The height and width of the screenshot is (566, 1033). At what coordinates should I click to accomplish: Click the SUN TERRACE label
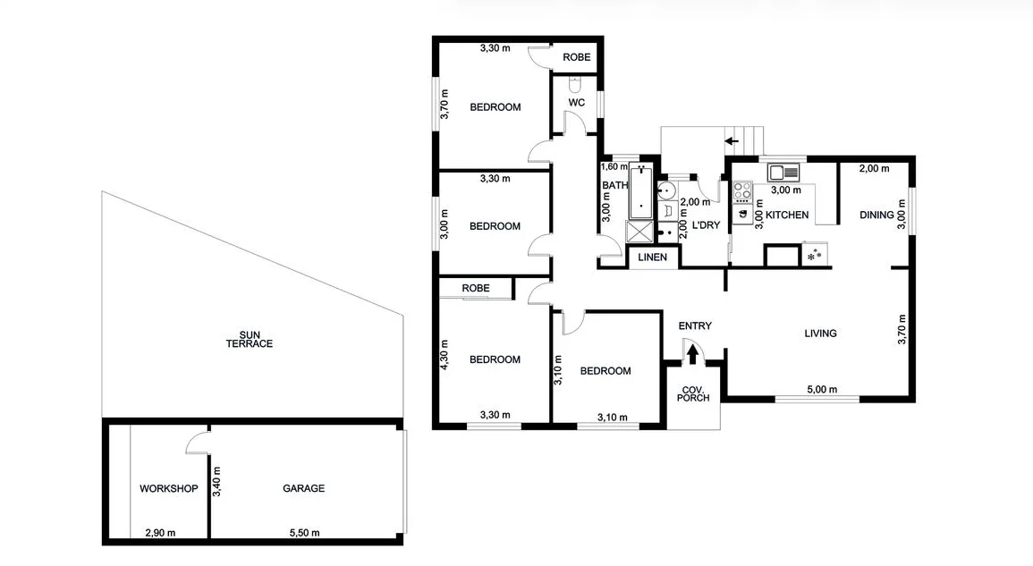tap(250, 339)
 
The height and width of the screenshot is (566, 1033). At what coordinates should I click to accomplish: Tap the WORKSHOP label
tap(168, 488)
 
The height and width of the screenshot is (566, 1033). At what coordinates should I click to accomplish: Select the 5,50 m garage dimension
tap(303, 533)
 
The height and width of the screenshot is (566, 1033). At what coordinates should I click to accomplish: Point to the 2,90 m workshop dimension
tap(160, 533)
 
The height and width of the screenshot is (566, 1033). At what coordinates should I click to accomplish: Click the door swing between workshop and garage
tap(197, 442)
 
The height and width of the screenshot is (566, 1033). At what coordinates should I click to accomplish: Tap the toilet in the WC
tap(576, 86)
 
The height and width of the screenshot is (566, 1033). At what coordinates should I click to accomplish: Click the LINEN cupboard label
tap(654, 258)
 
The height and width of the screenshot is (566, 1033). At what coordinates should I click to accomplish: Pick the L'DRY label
tap(706, 225)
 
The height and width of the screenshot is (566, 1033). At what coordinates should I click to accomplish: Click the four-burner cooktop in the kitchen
tap(742, 190)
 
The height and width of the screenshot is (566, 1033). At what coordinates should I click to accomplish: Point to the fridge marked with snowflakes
tap(814, 256)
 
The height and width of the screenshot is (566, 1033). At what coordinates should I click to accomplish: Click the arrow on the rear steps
tap(731, 140)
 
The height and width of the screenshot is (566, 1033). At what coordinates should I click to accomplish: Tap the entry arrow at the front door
tap(691, 355)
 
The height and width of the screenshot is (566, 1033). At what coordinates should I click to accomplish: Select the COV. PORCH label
tap(693, 393)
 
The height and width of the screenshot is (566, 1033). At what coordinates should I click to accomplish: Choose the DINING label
tap(876, 215)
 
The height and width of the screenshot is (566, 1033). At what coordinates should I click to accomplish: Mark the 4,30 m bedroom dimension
tap(445, 352)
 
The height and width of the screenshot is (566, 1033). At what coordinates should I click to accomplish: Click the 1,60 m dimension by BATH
tap(614, 166)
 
